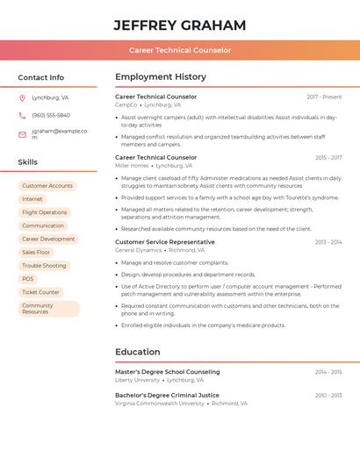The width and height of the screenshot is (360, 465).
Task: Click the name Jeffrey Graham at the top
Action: (x=180, y=25)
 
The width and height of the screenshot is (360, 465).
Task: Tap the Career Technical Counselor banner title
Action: (x=180, y=50)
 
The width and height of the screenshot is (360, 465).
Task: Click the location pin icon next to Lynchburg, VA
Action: (x=22, y=97)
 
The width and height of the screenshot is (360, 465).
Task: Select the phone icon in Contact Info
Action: (x=22, y=115)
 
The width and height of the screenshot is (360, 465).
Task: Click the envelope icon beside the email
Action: (x=22, y=134)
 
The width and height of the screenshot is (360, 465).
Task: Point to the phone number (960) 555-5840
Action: (x=51, y=115)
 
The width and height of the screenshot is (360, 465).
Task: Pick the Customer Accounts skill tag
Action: (x=47, y=186)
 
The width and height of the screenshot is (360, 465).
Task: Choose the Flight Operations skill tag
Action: (x=44, y=212)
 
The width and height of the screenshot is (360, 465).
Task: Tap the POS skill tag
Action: (x=28, y=279)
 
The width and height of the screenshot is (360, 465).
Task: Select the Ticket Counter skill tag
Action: (x=41, y=292)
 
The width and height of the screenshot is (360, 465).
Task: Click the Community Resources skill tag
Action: (x=48, y=309)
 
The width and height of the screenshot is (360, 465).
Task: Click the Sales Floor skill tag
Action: (x=36, y=252)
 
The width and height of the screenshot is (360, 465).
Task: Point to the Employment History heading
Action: (x=161, y=77)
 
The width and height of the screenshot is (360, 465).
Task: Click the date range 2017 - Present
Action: (x=324, y=97)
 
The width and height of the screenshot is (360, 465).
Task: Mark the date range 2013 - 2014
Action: (x=328, y=242)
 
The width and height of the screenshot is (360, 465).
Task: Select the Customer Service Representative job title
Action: (x=165, y=242)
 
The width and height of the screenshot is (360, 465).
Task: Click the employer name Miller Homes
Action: (x=132, y=166)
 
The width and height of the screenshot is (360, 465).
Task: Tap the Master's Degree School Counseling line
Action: (x=168, y=372)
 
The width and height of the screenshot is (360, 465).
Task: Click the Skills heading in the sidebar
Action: (x=28, y=162)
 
